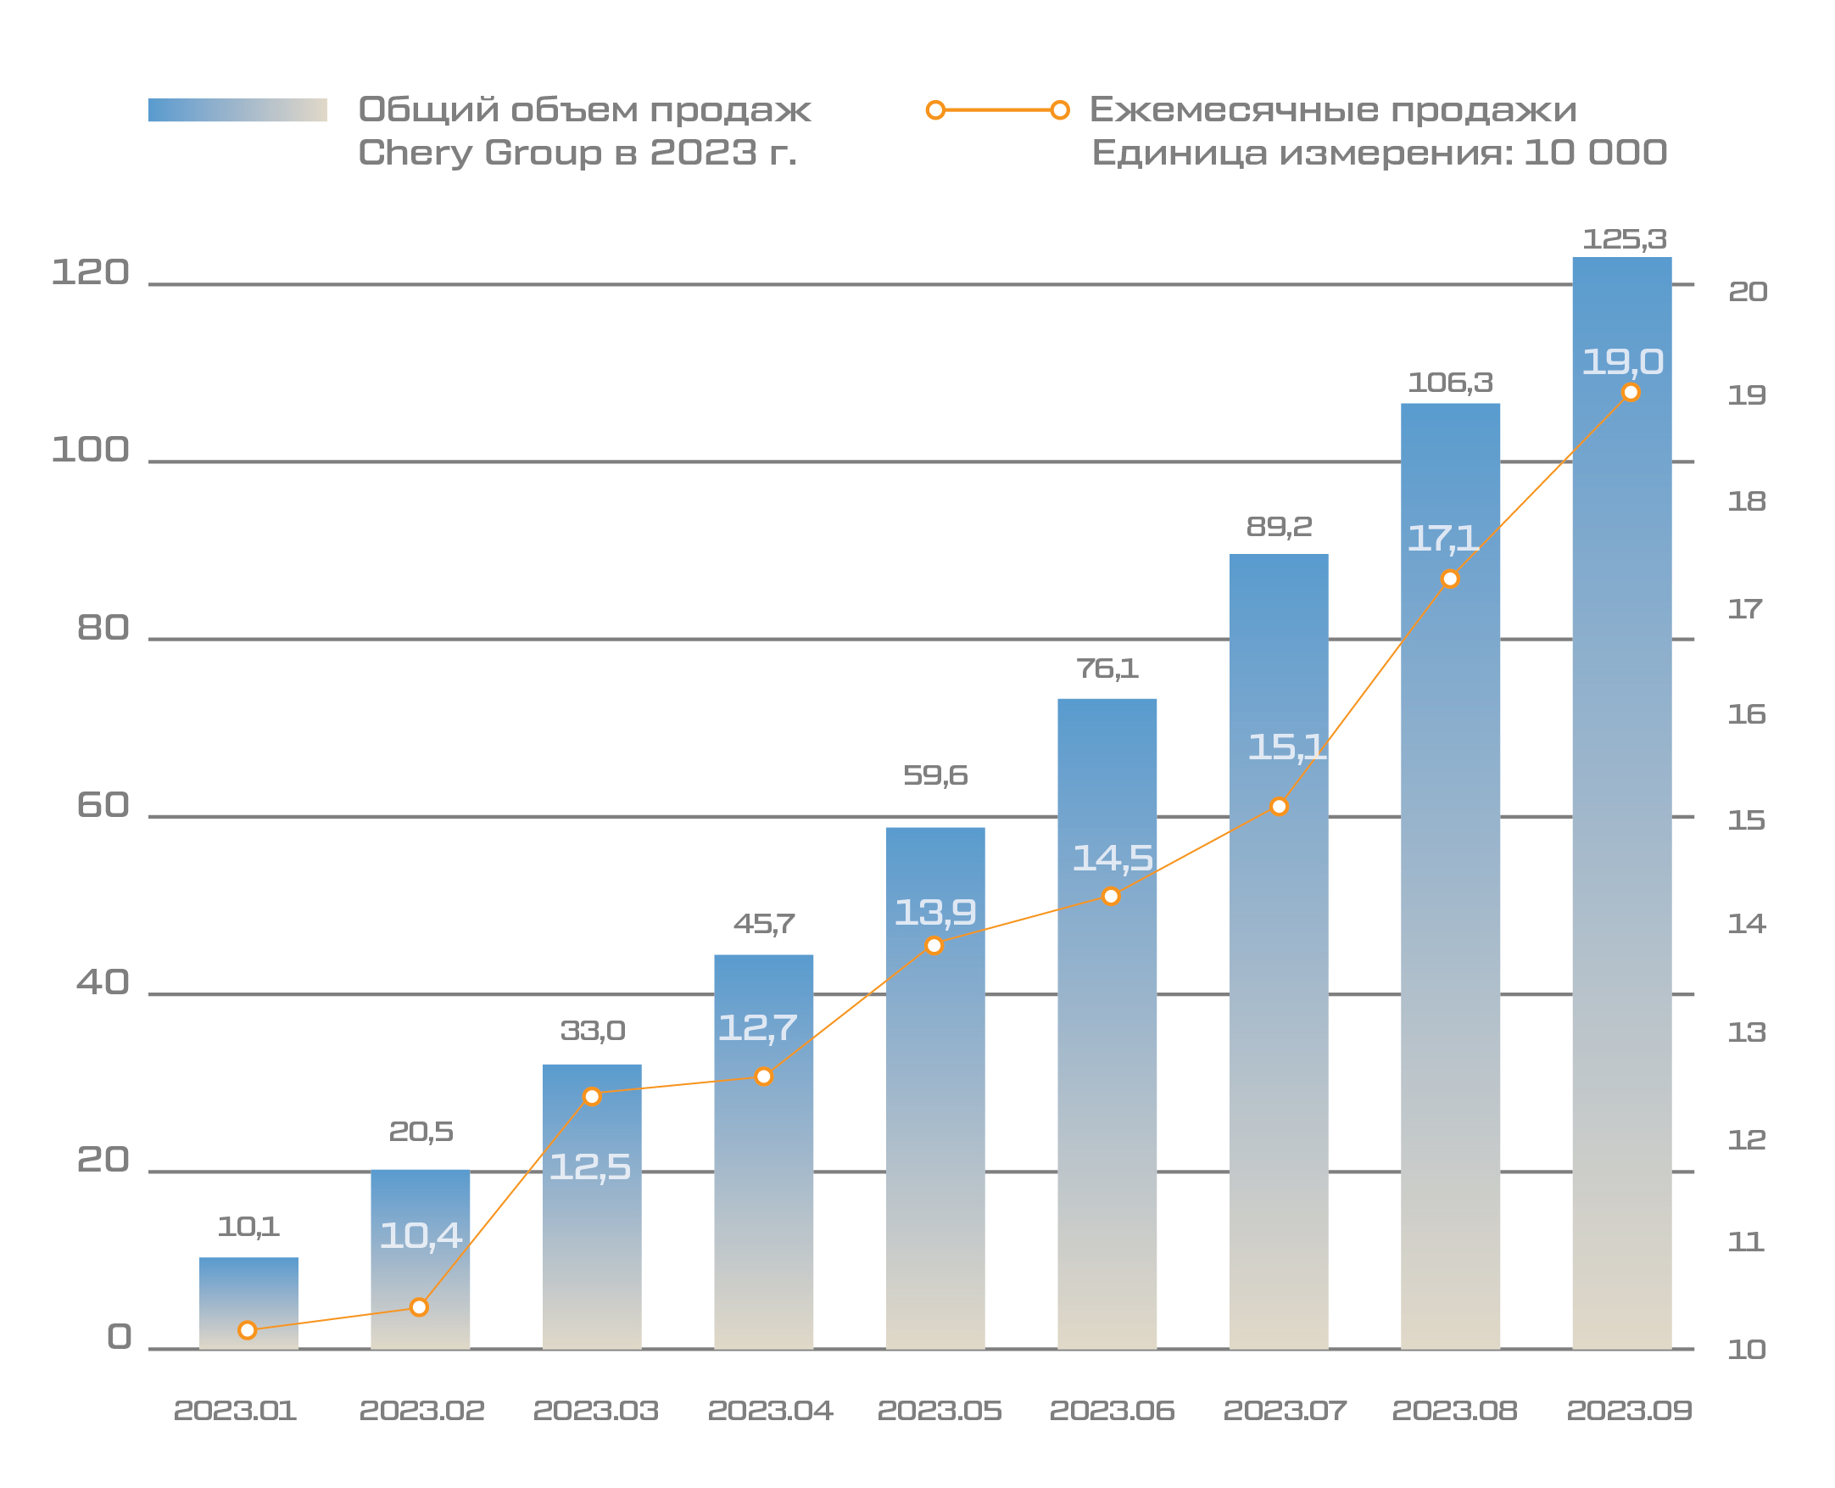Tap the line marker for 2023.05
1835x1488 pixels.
(x=934, y=945)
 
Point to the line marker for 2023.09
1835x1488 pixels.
(x=1631, y=393)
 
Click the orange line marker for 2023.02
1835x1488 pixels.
(x=419, y=1307)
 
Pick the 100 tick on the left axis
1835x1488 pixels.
(x=90, y=450)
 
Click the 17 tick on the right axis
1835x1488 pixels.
(x=1745, y=609)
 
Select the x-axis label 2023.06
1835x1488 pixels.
(x=1112, y=1411)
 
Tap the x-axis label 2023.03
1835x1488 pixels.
(x=595, y=1411)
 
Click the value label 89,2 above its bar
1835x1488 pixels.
(x=1278, y=526)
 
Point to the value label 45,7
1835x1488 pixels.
(x=763, y=924)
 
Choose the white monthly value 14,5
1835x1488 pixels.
(x=1112, y=858)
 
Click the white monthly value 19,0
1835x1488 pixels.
(x=1621, y=361)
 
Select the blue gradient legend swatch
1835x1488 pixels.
(x=237, y=109)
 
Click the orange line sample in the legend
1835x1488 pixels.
(x=997, y=109)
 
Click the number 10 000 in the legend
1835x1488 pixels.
(x=1595, y=153)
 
